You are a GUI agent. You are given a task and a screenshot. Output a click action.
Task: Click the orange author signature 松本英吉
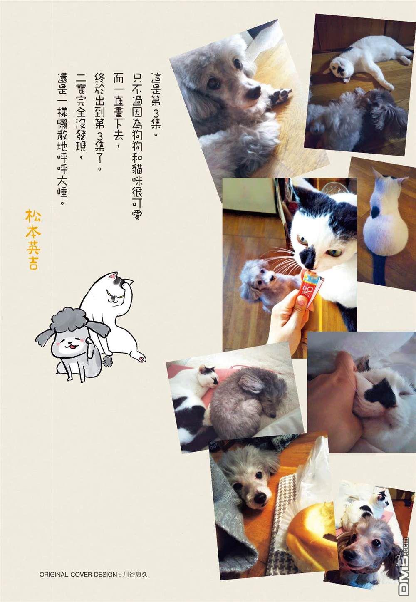(33, 239)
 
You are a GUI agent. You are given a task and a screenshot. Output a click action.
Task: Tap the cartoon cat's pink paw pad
(142, 358)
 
